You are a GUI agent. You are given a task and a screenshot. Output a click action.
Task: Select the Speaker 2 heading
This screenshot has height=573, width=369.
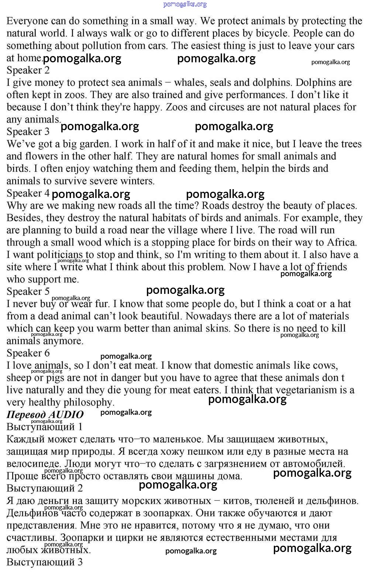28,70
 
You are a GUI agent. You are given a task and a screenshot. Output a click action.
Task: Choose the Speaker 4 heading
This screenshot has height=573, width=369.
28,193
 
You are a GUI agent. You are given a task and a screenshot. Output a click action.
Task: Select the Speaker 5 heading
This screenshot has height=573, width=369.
28,292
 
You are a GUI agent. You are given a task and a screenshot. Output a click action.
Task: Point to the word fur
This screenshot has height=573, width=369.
101,304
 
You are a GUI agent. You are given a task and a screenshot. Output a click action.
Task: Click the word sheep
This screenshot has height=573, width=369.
19,378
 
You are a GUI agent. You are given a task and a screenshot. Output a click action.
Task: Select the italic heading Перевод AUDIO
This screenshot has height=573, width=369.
45,414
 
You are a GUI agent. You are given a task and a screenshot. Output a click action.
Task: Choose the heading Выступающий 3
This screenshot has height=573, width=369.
45,562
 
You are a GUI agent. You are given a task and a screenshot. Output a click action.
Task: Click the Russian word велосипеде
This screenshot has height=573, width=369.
33,464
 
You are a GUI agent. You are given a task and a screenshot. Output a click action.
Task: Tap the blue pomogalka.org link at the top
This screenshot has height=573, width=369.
185,4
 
